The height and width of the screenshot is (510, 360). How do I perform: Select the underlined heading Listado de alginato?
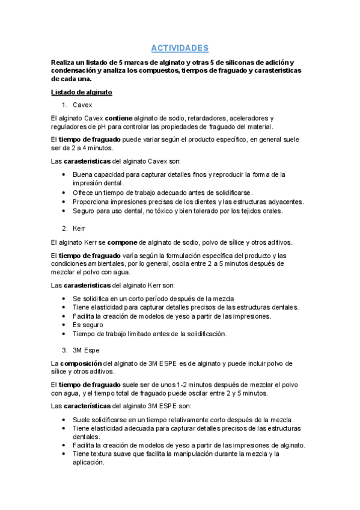[82, 92]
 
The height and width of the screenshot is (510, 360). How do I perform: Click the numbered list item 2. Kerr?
[79, 229]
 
